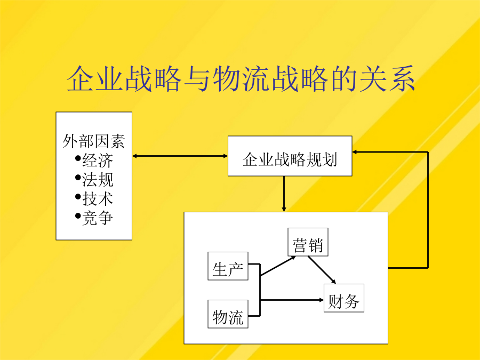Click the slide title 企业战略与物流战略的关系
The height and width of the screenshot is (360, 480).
coord(241,79)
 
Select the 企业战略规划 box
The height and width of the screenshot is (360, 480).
coord(290,156)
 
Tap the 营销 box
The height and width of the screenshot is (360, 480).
coord(308,242)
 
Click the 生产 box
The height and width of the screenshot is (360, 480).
coord(228,266)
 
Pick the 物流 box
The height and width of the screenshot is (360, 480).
coord(228,314)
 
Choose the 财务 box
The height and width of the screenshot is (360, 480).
coord(344,298)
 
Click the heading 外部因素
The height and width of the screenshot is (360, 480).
coord(94,141)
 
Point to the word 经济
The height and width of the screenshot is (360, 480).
coord(98,161)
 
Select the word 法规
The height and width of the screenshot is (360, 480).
coord(98,180)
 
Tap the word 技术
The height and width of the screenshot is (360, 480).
coord(98,199)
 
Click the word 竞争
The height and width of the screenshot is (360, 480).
coord(98,218)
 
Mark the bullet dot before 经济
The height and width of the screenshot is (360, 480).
coord(78,158)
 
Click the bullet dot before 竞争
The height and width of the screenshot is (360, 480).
coord(78,216)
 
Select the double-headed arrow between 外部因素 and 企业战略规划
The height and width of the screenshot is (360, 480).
coord(180,156)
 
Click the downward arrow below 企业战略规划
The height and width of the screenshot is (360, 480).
coord(284,194)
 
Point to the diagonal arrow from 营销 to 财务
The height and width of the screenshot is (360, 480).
coord(322,270)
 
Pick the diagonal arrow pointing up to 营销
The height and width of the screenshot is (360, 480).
coord(278,266)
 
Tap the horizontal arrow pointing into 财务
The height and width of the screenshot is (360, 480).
coord(292,300)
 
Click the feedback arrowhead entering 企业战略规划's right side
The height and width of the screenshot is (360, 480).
coord(355,152)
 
